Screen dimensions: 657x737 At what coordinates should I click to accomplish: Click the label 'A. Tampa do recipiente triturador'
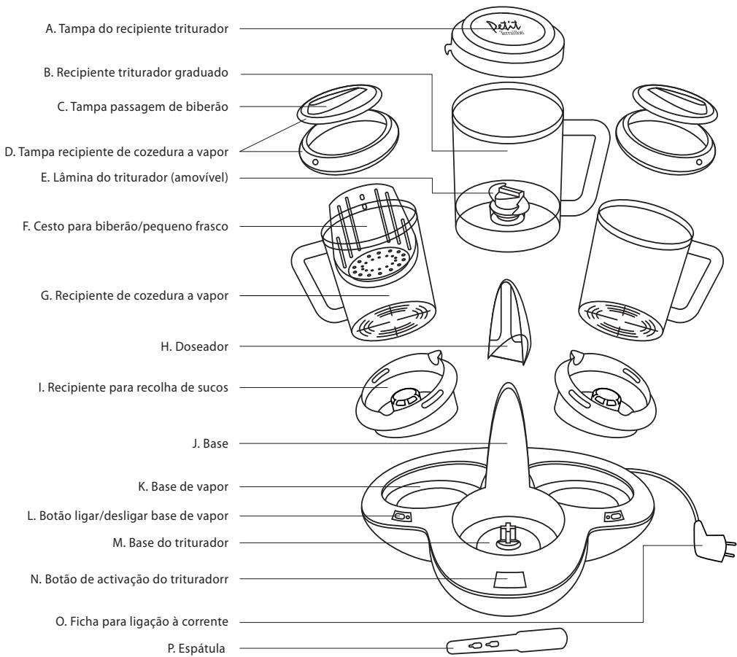pos(136,30)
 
